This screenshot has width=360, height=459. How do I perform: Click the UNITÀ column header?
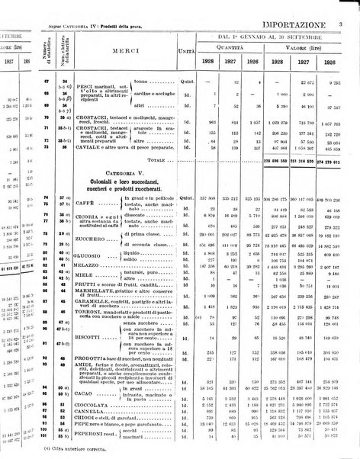(x=183, y=51)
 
